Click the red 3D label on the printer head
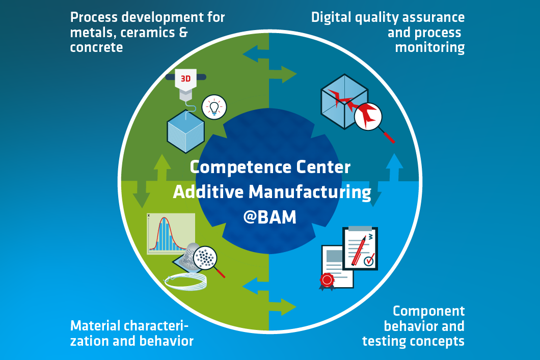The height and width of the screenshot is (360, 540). pyautogui.click(x=185, y=79)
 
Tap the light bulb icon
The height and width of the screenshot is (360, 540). pyautogui.click(x=214, y=106)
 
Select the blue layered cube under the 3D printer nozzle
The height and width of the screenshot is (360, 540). pyautogui.click(x=186, y=130)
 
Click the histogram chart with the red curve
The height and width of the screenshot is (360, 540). pyautogui.click(x=171, y=233)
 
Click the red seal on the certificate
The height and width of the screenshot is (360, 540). pyautogui.click(x=327, y=280)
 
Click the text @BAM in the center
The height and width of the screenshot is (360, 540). pyautogui.click(x=269, y=217)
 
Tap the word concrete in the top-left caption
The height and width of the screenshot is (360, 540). pyautogui.click(x=96, y=47)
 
